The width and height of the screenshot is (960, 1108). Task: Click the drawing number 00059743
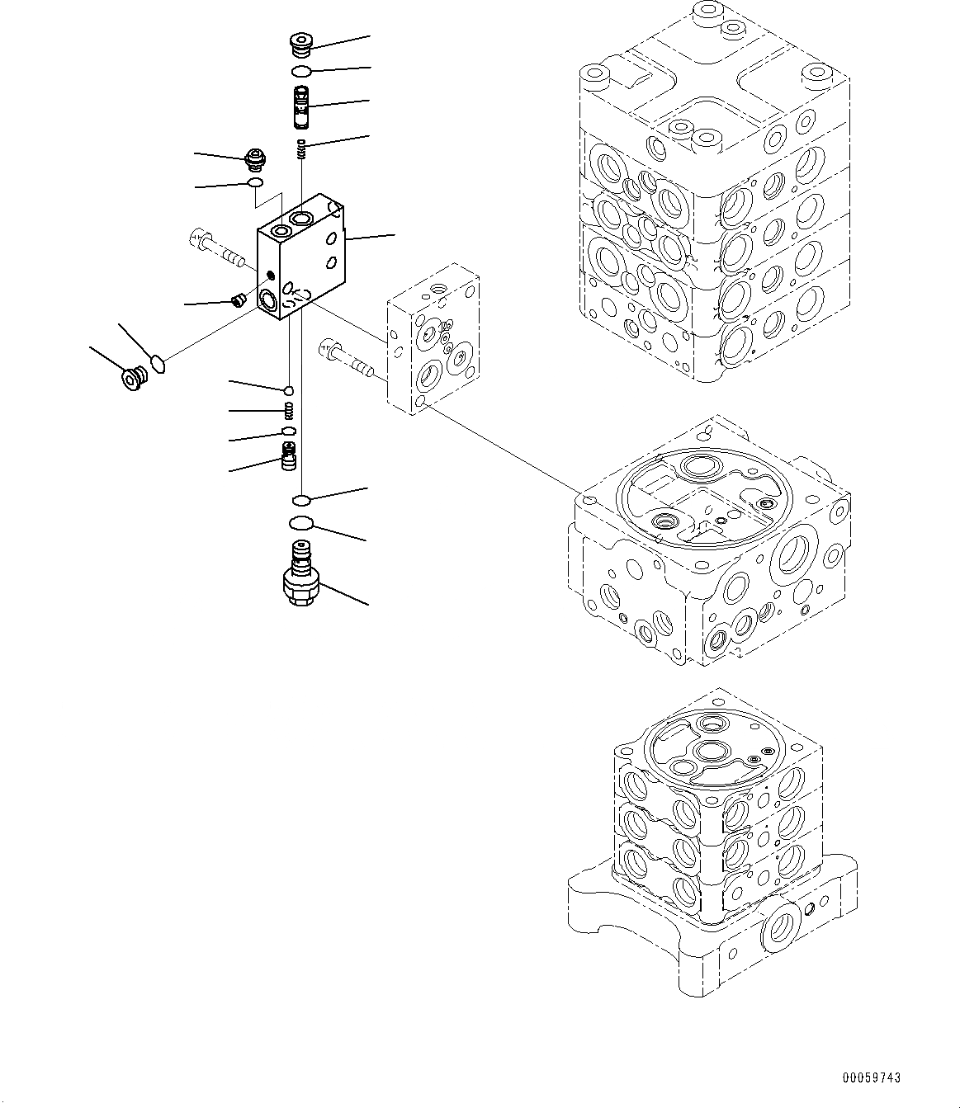[x=872, y=1077]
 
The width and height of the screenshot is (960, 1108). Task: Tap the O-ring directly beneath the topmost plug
[x=302, y=72]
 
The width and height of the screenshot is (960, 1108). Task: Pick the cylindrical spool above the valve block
[x=302, y=107]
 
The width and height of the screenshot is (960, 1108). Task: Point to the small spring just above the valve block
[x=302, y=149]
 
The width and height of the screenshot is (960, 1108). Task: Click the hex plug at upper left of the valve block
[x=256, y=156]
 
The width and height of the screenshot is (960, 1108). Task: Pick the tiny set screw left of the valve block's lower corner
[x=239, y=299]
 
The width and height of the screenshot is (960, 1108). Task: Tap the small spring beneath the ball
[x=289, y=410]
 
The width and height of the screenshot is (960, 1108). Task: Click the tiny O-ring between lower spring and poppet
[x=288, y=431]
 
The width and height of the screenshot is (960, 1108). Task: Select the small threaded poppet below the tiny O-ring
[x=289, y=456]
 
